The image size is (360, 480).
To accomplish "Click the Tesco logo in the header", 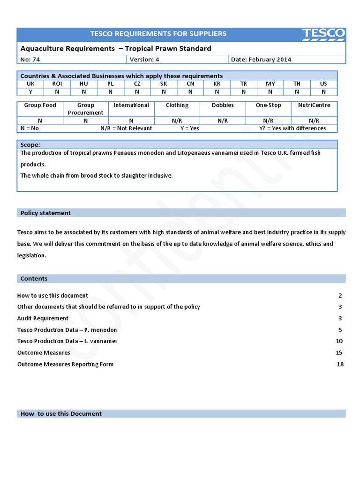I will coord(323,34).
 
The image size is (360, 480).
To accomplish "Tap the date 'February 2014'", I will coord(270,60).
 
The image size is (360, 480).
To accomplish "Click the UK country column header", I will coord(30,84).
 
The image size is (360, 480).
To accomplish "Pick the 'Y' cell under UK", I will coord(30,92).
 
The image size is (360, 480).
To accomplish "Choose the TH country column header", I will coord(297,84).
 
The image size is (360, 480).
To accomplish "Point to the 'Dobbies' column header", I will coord(223,105).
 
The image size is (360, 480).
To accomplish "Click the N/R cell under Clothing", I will coord(177,121).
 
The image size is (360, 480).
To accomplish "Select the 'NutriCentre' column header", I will coord(314,105).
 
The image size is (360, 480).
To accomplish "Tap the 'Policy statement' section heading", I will coord(45,213).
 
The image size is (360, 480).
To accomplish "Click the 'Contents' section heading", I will coord(34,278).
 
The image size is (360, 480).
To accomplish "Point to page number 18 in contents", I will coord(340,364).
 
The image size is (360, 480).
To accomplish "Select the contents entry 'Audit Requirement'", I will coord(43,318).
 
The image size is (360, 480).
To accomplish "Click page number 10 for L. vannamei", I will coord(339,341).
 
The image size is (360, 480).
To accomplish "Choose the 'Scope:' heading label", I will coord(30,145).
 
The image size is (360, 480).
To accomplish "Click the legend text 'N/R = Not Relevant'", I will coord(126,128).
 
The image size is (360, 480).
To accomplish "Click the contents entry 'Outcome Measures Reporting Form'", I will coord(65,364).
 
